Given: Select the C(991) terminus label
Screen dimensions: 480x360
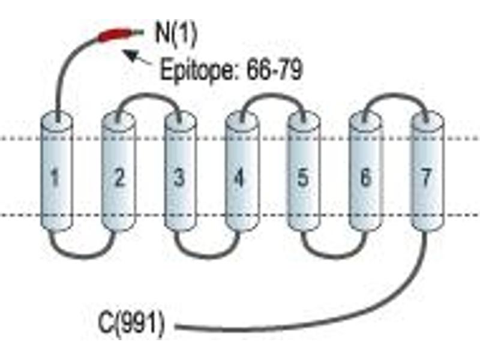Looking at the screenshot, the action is click(x=131, y=325).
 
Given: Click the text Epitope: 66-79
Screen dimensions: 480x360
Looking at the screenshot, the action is click(x=232, y=69).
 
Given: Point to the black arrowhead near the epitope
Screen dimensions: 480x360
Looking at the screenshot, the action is click(x=130, y=55).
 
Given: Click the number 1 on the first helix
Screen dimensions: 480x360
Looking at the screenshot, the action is click(x=55, y=178).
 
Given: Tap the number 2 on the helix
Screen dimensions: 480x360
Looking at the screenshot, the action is click(x=119, y=178).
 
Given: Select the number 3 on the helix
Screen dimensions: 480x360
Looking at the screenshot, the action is click(x=179, y=178).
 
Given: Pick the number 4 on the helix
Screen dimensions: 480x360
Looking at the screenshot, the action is click(x=239, y=178).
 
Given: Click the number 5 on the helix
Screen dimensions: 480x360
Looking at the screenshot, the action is click(x=303, y=178).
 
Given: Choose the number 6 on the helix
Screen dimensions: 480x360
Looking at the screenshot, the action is click(x=365, y=178).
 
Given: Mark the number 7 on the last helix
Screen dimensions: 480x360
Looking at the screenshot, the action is click(x=427, y=177).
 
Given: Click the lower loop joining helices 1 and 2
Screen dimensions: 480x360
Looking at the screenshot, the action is click(x=83, y=257).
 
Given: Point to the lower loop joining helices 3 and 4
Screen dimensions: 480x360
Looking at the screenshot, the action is click(x=208, y=257).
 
